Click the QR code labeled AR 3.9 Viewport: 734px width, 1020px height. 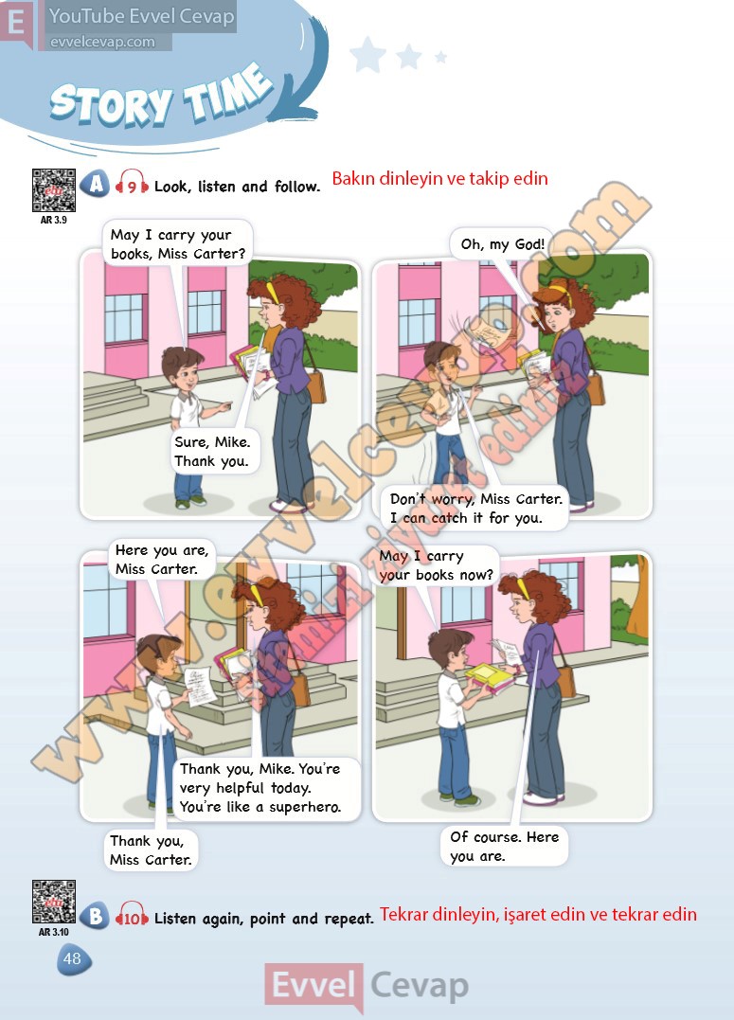tap(53, 190)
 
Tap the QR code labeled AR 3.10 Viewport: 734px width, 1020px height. tap(53, 902)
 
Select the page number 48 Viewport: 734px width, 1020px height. tap(73, 958)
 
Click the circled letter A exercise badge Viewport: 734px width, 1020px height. tap(95, 185)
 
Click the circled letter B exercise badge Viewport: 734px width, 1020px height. tap(95, 916)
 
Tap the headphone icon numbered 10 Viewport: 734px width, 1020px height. tap(132, 916)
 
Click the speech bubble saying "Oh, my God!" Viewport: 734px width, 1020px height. tap(502, 244)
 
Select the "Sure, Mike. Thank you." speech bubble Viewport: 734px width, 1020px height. tap(212, 452)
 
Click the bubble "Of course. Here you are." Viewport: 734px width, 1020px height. tap(504, 847)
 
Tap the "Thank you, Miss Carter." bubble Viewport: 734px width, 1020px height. tap(152, 850)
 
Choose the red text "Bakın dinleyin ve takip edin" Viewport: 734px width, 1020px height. tap(439, 178)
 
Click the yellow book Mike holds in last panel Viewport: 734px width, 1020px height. tap(487, 676)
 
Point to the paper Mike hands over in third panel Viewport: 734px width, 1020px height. tap(201, 687)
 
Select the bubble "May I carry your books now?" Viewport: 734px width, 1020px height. tap(435, 565)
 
